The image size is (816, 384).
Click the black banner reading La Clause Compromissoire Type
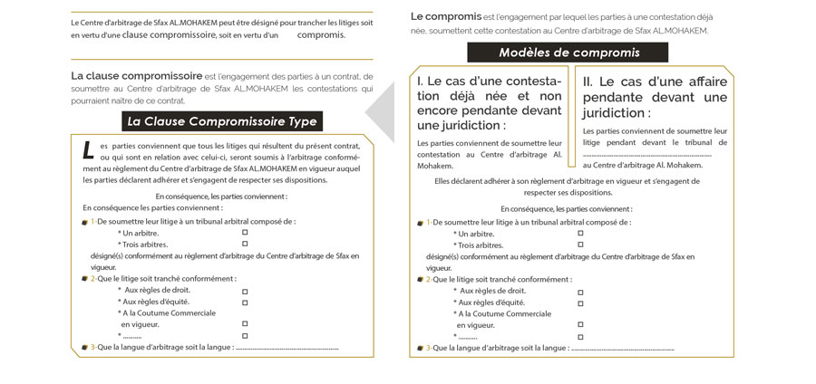coord(221,121)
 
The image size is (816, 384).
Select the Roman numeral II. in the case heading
coord(589,82)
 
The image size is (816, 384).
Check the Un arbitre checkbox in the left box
coord(245,233)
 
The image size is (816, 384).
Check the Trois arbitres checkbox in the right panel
coord(580,245)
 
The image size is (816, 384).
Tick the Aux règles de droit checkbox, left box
coord(245,291)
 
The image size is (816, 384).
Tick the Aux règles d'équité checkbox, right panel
coord(580,302)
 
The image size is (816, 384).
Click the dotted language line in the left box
coord(287,347)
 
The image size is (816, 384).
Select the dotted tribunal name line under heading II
coord(647,154)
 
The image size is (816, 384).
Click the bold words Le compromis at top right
coord(444,16)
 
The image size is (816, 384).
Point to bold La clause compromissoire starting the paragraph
coord(136,75)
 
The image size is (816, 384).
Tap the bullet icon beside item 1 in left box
coord(84,222)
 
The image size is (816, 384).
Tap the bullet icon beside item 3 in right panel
coord(420,348)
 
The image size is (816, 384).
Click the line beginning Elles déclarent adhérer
coord(567,181)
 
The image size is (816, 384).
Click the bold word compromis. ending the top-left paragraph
coord(321,35)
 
